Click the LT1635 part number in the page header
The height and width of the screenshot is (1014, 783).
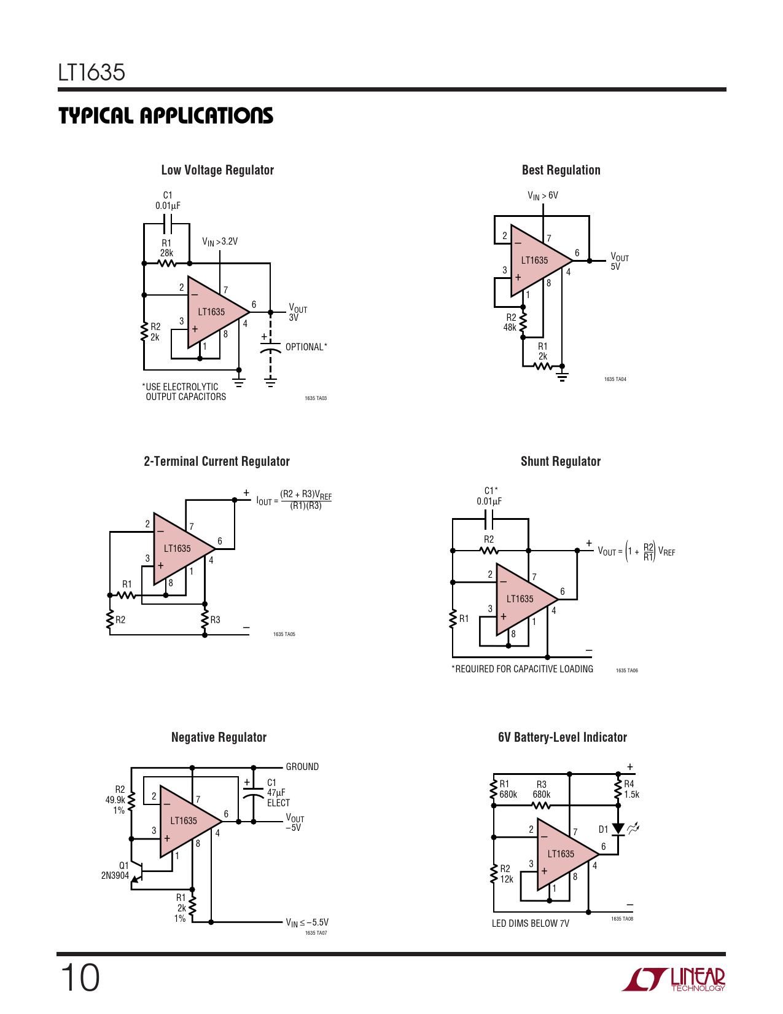[92, 73]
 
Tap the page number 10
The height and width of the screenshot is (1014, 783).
[80, 978]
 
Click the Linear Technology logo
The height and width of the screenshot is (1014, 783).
[673, 979]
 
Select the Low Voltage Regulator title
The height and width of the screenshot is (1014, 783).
[217, 170]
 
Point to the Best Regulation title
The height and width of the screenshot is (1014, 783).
[561, 170]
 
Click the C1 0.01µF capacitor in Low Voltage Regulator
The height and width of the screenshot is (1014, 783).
[168, 224]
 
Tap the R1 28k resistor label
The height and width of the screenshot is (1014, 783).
[166, 248]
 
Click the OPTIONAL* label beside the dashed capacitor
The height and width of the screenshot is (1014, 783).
[306, 347]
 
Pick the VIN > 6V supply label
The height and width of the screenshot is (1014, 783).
[543, 195]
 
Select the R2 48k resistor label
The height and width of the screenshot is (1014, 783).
[510, 323]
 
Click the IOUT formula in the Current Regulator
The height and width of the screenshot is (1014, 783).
[294, 500]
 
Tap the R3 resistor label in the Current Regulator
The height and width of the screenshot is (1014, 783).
[215, 619]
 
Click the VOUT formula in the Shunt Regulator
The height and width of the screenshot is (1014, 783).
[636, 551]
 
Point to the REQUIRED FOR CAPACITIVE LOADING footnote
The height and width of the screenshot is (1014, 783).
[523, 669]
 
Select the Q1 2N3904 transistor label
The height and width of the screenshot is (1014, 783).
[115, 870]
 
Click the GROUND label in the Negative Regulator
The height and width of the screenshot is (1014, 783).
[302, 767]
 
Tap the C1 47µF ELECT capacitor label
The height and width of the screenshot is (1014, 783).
[278, 792]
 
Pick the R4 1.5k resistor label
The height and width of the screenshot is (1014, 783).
[631, 789]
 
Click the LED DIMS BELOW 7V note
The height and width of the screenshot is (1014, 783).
[530, 924]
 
